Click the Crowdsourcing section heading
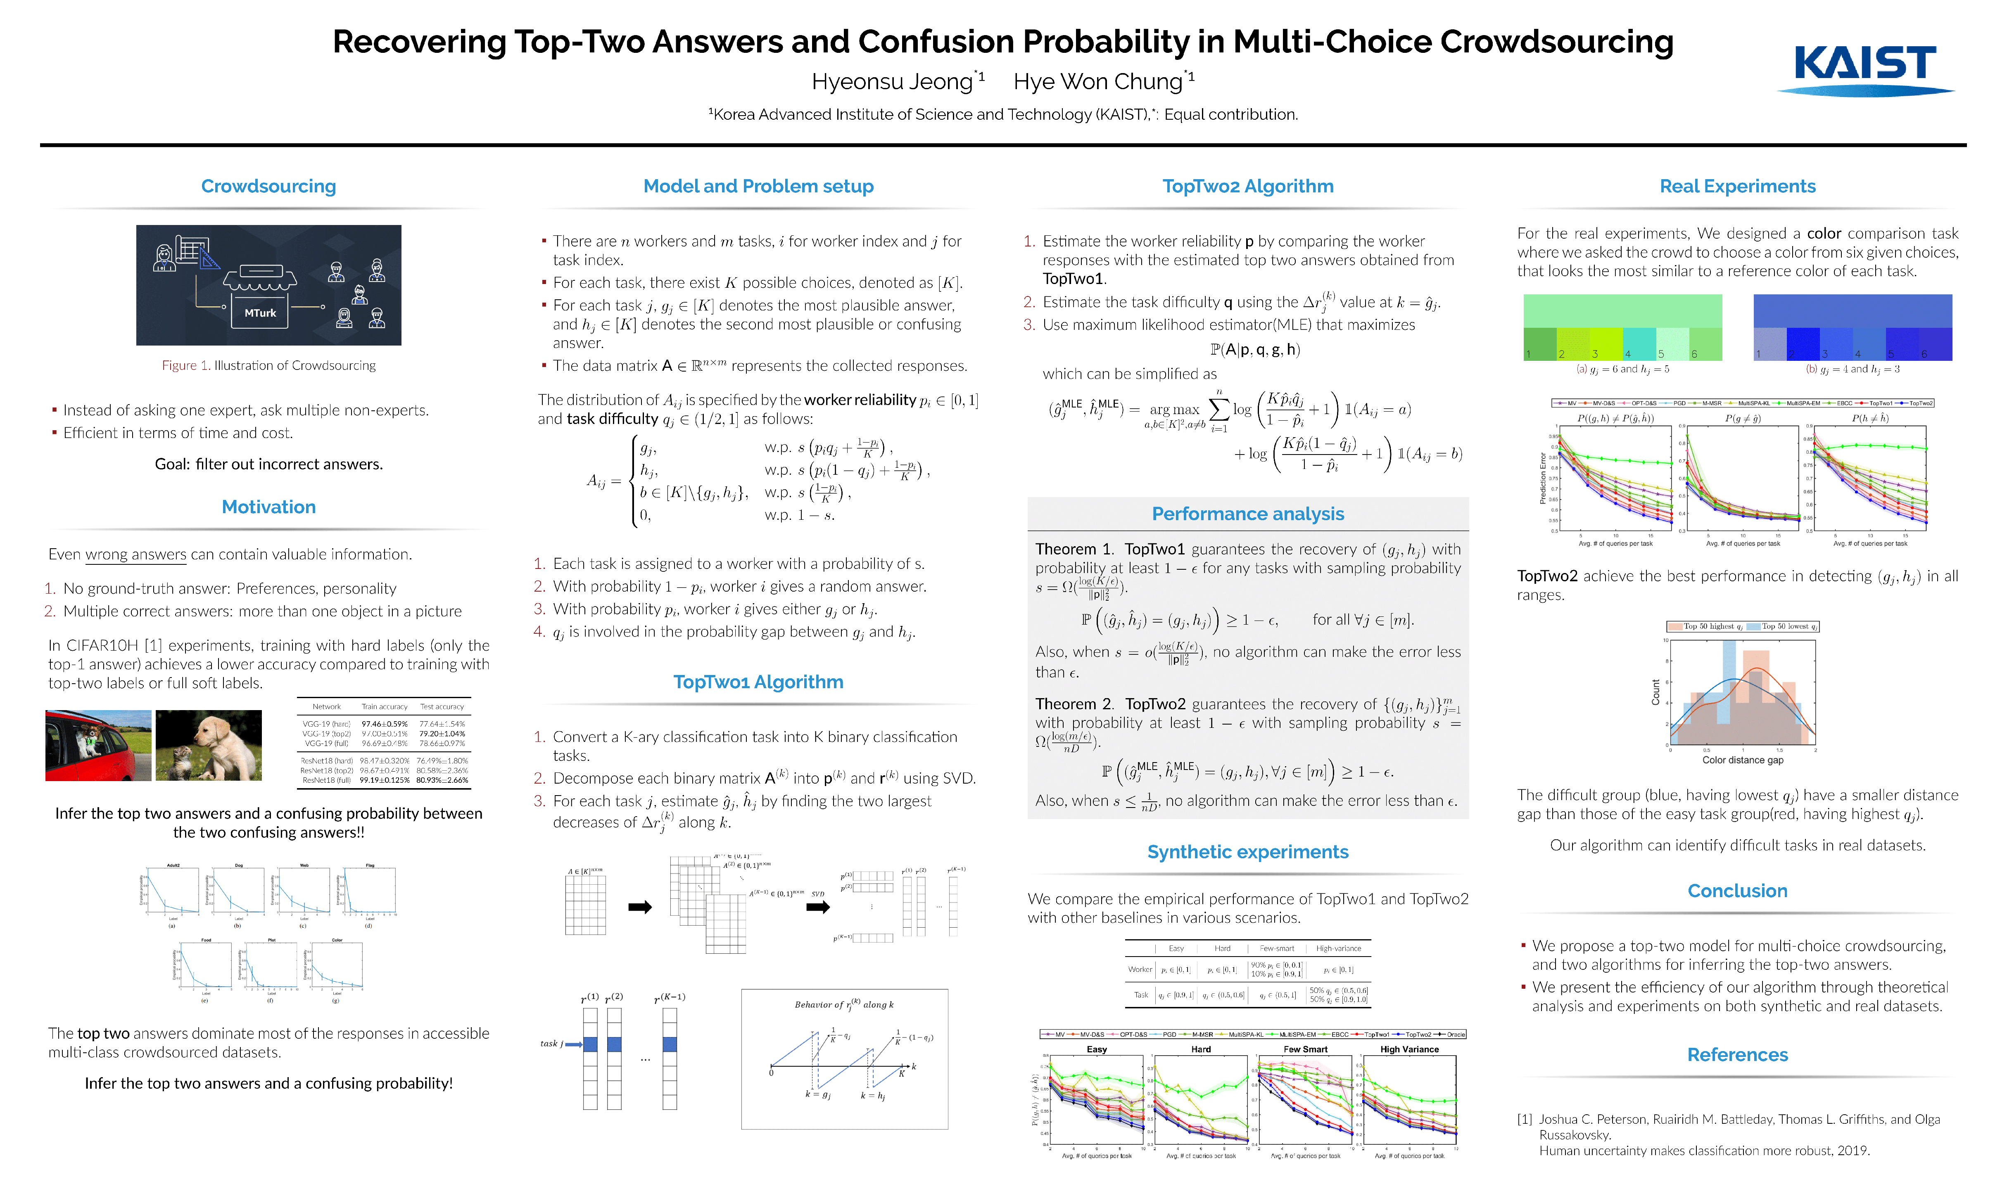[x=268, y=186]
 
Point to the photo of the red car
[x=99, y=745]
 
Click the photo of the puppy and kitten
[x=209, y=745]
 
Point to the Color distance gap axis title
[x=1743, y=760]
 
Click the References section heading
[x=1737, y=1054]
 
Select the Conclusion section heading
[x=1737, y=891]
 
